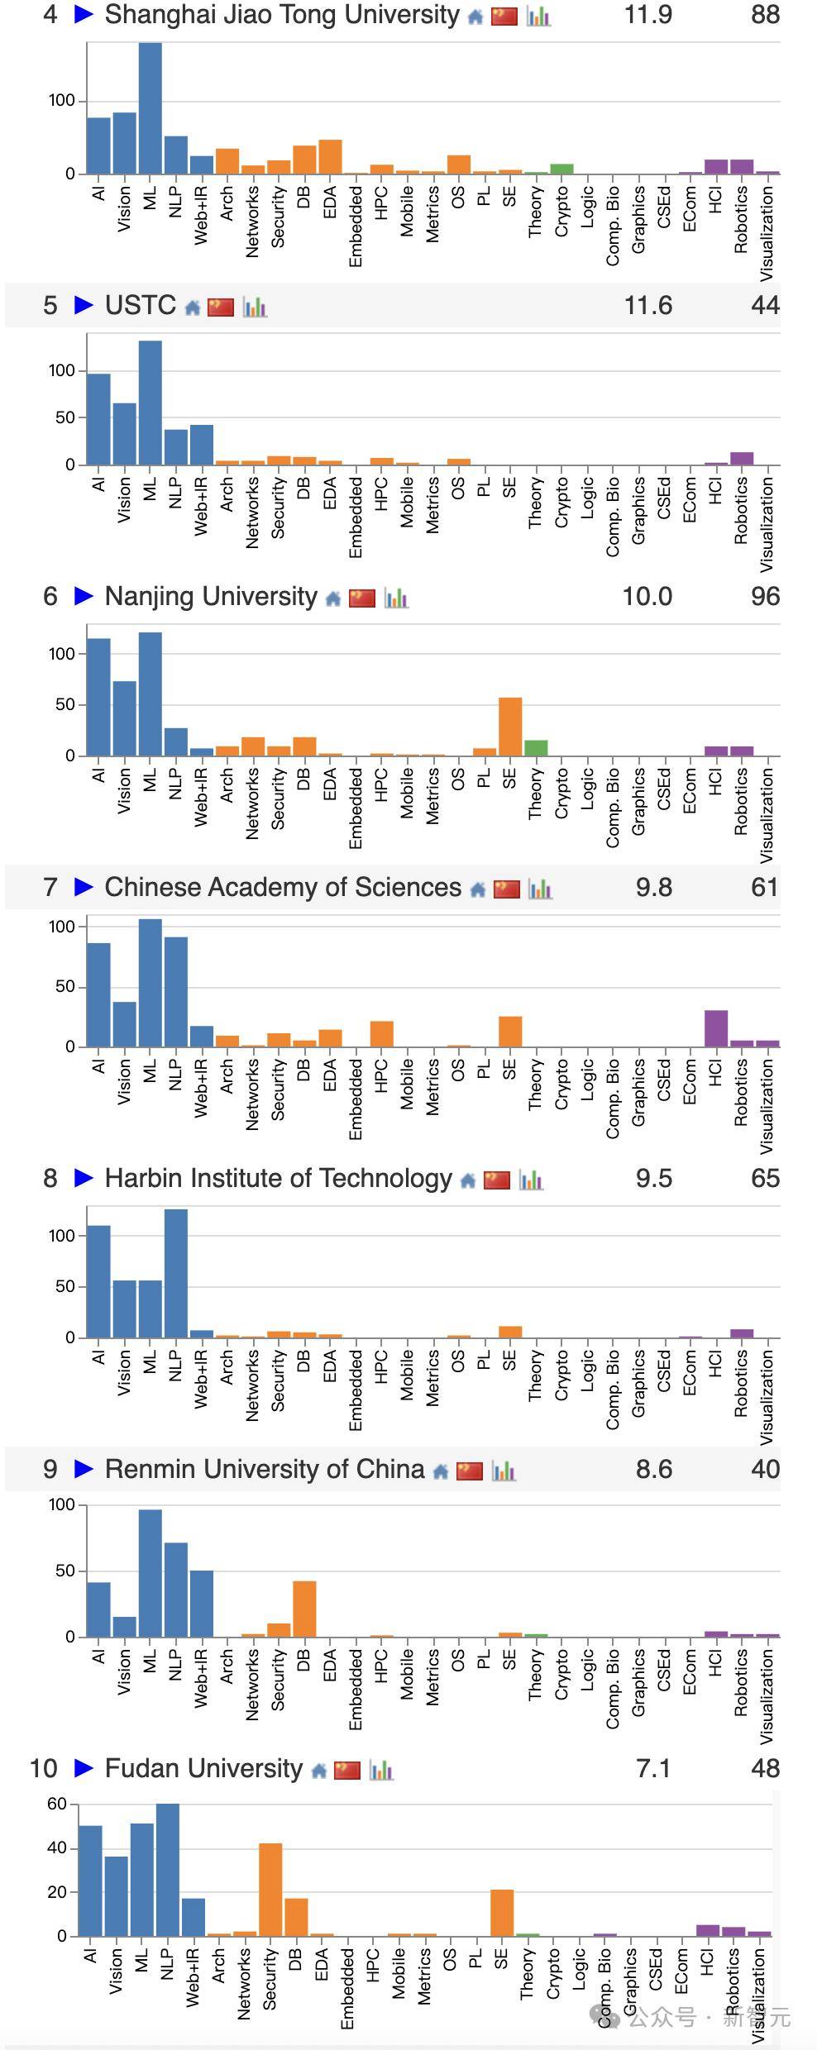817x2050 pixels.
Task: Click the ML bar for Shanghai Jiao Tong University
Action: point(150,107)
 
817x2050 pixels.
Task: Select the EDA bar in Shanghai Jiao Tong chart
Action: point(330,157)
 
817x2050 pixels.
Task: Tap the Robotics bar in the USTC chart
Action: point(741,458)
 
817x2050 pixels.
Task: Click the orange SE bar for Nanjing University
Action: point(510,727)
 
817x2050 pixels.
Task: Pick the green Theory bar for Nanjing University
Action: point(536,748)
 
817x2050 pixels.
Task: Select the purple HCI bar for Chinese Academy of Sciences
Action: point(716,1028)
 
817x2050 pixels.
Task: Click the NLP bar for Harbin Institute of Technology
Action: point(176,1273)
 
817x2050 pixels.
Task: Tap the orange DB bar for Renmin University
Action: point(304,1609)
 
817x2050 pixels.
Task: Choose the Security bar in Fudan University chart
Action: point(270,1890)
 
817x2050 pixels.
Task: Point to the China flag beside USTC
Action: point(221,307)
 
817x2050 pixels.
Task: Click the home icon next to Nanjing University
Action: point(333,598)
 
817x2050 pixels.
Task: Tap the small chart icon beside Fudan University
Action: point(381,1771)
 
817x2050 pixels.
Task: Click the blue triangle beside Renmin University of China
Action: point(84,1469)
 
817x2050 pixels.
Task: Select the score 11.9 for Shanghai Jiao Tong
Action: point(647,15)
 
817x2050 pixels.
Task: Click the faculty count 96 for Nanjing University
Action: point(765,597)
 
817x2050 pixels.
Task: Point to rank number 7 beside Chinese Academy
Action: point(50,888)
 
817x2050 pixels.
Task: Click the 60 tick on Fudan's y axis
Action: point(57,1804)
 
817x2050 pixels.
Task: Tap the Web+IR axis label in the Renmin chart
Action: point(200,1679)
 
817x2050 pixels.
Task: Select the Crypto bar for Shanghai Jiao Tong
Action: point(561,169)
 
